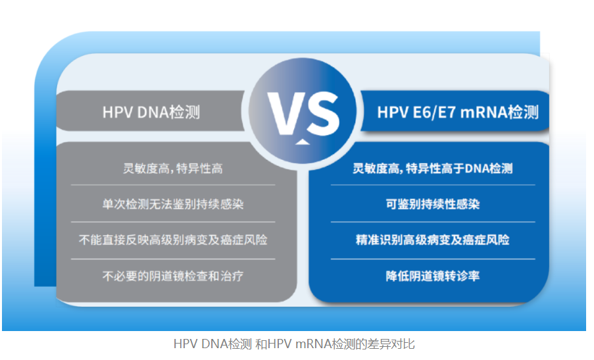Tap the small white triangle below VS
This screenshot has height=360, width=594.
(x=302, y=141)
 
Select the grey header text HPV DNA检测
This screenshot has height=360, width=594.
(x=151, y=112)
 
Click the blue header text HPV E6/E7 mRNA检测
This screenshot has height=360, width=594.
(x=458, y=112)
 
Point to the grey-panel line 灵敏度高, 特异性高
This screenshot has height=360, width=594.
(x=173, y=168)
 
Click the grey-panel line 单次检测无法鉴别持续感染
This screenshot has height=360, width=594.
(x=173, y=204)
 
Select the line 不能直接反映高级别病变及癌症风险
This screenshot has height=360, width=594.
(x=173, y=240)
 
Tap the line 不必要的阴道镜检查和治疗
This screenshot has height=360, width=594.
(x=173, y=276)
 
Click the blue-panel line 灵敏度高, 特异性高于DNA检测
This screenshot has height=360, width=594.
(x=433, y=168)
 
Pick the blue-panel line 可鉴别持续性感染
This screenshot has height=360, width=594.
(x=433, y=204)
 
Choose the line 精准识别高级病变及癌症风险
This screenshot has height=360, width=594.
(x=433, y=240)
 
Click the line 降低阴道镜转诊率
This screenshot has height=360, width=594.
(x=433, y=276)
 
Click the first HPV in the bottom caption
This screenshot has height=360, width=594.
(x=186, y=344)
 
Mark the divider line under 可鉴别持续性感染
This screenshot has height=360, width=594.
(x=433, y=222)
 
